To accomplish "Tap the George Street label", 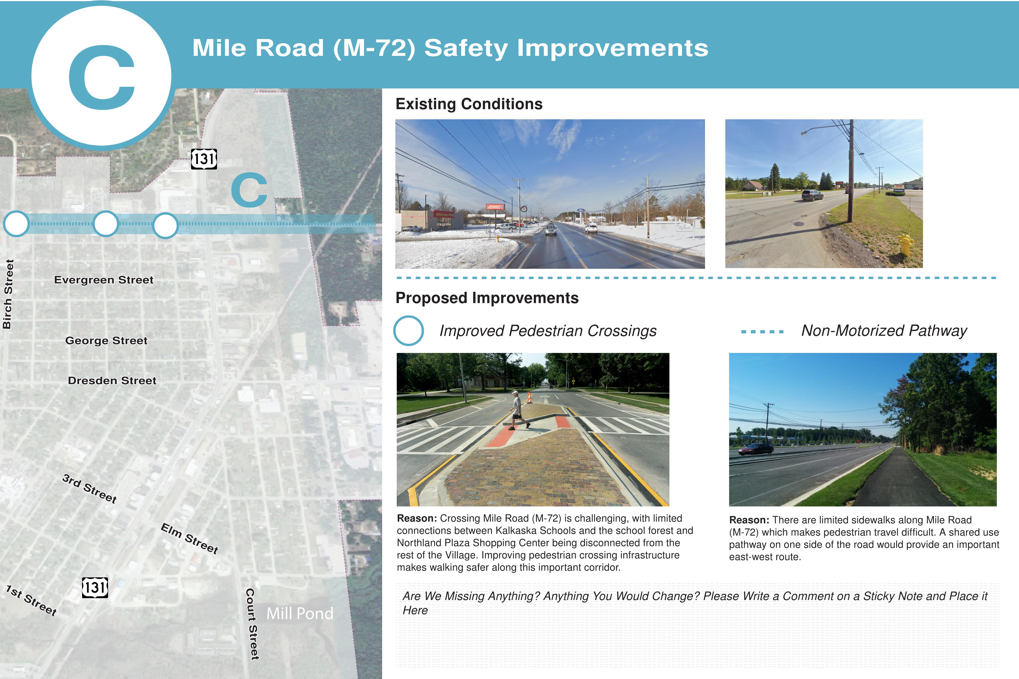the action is [x=106, y=341].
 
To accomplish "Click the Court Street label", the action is [x=252, y=624].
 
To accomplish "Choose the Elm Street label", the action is [x=189, y=538].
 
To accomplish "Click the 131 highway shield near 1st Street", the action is [x=95, y=588].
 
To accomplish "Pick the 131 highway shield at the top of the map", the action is [x=204, y=159].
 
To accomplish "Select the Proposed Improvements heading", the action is [x=487, y=298].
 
